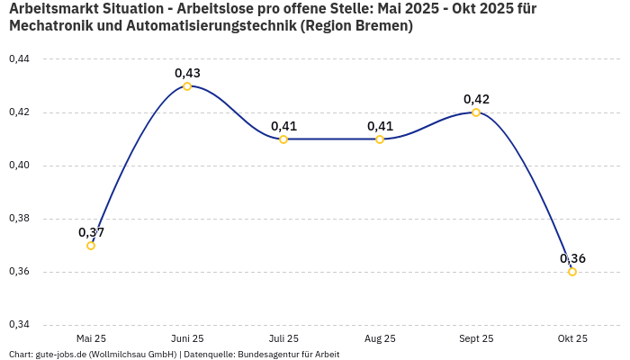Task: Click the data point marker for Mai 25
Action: coord(91,246)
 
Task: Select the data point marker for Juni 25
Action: coord(187,86)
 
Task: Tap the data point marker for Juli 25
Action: coord(283,139)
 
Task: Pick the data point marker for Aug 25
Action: coord(380,139)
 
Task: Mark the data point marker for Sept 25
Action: coord(476,112)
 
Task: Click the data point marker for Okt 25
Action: coord(572,272)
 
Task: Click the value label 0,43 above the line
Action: coord(187,73)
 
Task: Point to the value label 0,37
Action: coord(91,232)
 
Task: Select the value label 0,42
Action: coord(476,99)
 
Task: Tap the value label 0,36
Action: coord(572,258)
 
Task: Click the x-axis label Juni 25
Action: coord(187,338)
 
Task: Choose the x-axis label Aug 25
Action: coord(380,338)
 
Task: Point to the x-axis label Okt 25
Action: coord(572,338)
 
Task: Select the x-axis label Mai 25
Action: coord(91,338)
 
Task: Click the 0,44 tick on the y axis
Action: coord(19,59)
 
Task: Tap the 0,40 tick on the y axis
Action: coord(19,166)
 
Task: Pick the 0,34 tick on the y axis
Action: coord(19,325)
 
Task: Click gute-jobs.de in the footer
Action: coord(60,355)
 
